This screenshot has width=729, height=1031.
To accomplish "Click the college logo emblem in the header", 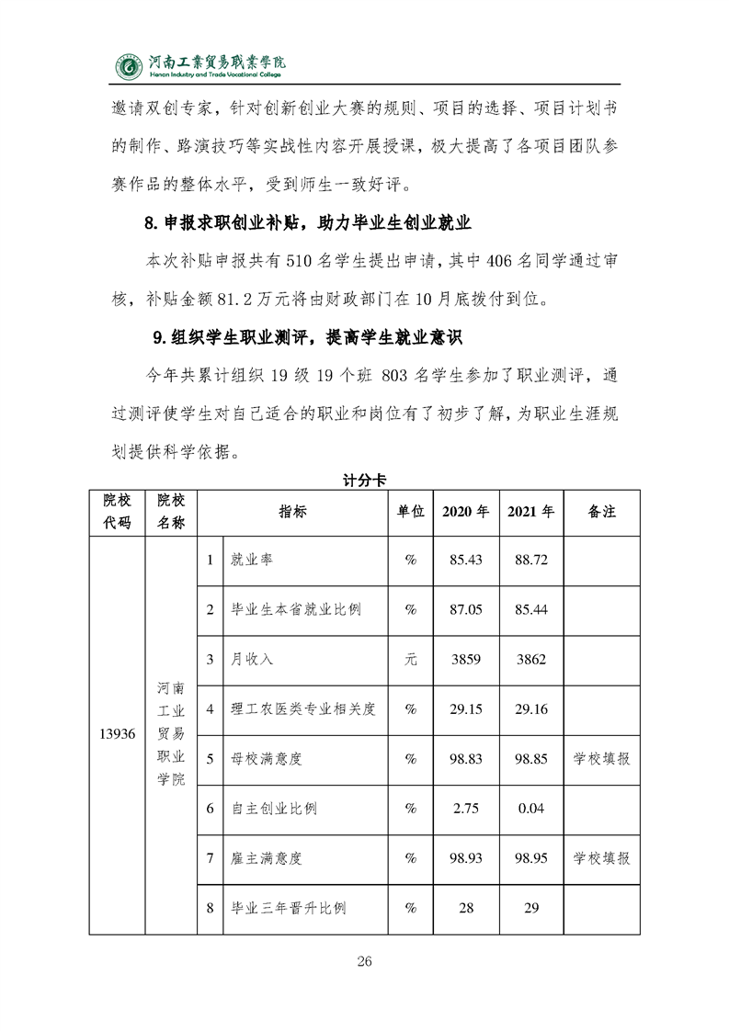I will tap(129, 65).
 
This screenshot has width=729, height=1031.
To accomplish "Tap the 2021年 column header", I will tap(530, 512).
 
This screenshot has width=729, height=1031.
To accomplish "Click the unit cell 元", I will tap(411, 659).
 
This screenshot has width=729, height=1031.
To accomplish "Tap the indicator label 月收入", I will tap(253, 659).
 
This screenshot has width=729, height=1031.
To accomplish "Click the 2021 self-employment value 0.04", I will tap(530, 809).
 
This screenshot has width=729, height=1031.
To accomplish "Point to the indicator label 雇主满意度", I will tap(267, 858).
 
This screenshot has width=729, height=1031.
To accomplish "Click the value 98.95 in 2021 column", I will tap(530, 858).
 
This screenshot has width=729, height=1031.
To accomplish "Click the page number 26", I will tap(364, 962).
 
